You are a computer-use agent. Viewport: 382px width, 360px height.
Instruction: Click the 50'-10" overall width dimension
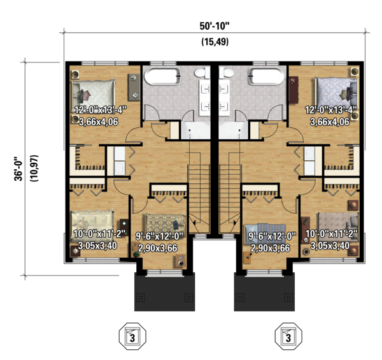pos(215,26)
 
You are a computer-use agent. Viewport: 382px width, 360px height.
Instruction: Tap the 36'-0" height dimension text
pos(18,169)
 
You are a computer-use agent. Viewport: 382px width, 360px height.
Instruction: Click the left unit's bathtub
pos(162,76)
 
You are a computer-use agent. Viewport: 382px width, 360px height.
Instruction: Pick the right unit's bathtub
pos(266,76)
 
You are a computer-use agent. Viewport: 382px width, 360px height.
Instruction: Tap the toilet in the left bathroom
pos(202,73)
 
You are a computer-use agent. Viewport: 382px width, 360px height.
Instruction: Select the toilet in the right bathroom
pos(227,73)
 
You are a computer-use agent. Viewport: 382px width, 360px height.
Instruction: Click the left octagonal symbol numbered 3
pos(132,336)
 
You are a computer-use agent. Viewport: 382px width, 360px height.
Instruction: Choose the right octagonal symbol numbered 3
pos(288,336)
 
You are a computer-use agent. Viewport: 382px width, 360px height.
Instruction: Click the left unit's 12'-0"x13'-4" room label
pos(101,110)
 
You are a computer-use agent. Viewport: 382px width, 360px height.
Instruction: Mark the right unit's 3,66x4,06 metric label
pos(330,121)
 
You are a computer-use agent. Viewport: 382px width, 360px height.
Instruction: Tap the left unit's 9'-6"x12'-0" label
pos(159,235)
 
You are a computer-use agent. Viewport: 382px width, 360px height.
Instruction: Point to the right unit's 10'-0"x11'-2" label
pos(331,234)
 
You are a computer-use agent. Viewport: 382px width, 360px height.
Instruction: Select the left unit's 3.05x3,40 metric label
pos(97,246)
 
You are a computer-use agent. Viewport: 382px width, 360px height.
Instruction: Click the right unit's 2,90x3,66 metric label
pos(271,248)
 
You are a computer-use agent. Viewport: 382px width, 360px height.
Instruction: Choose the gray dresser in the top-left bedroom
pos(134,87)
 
